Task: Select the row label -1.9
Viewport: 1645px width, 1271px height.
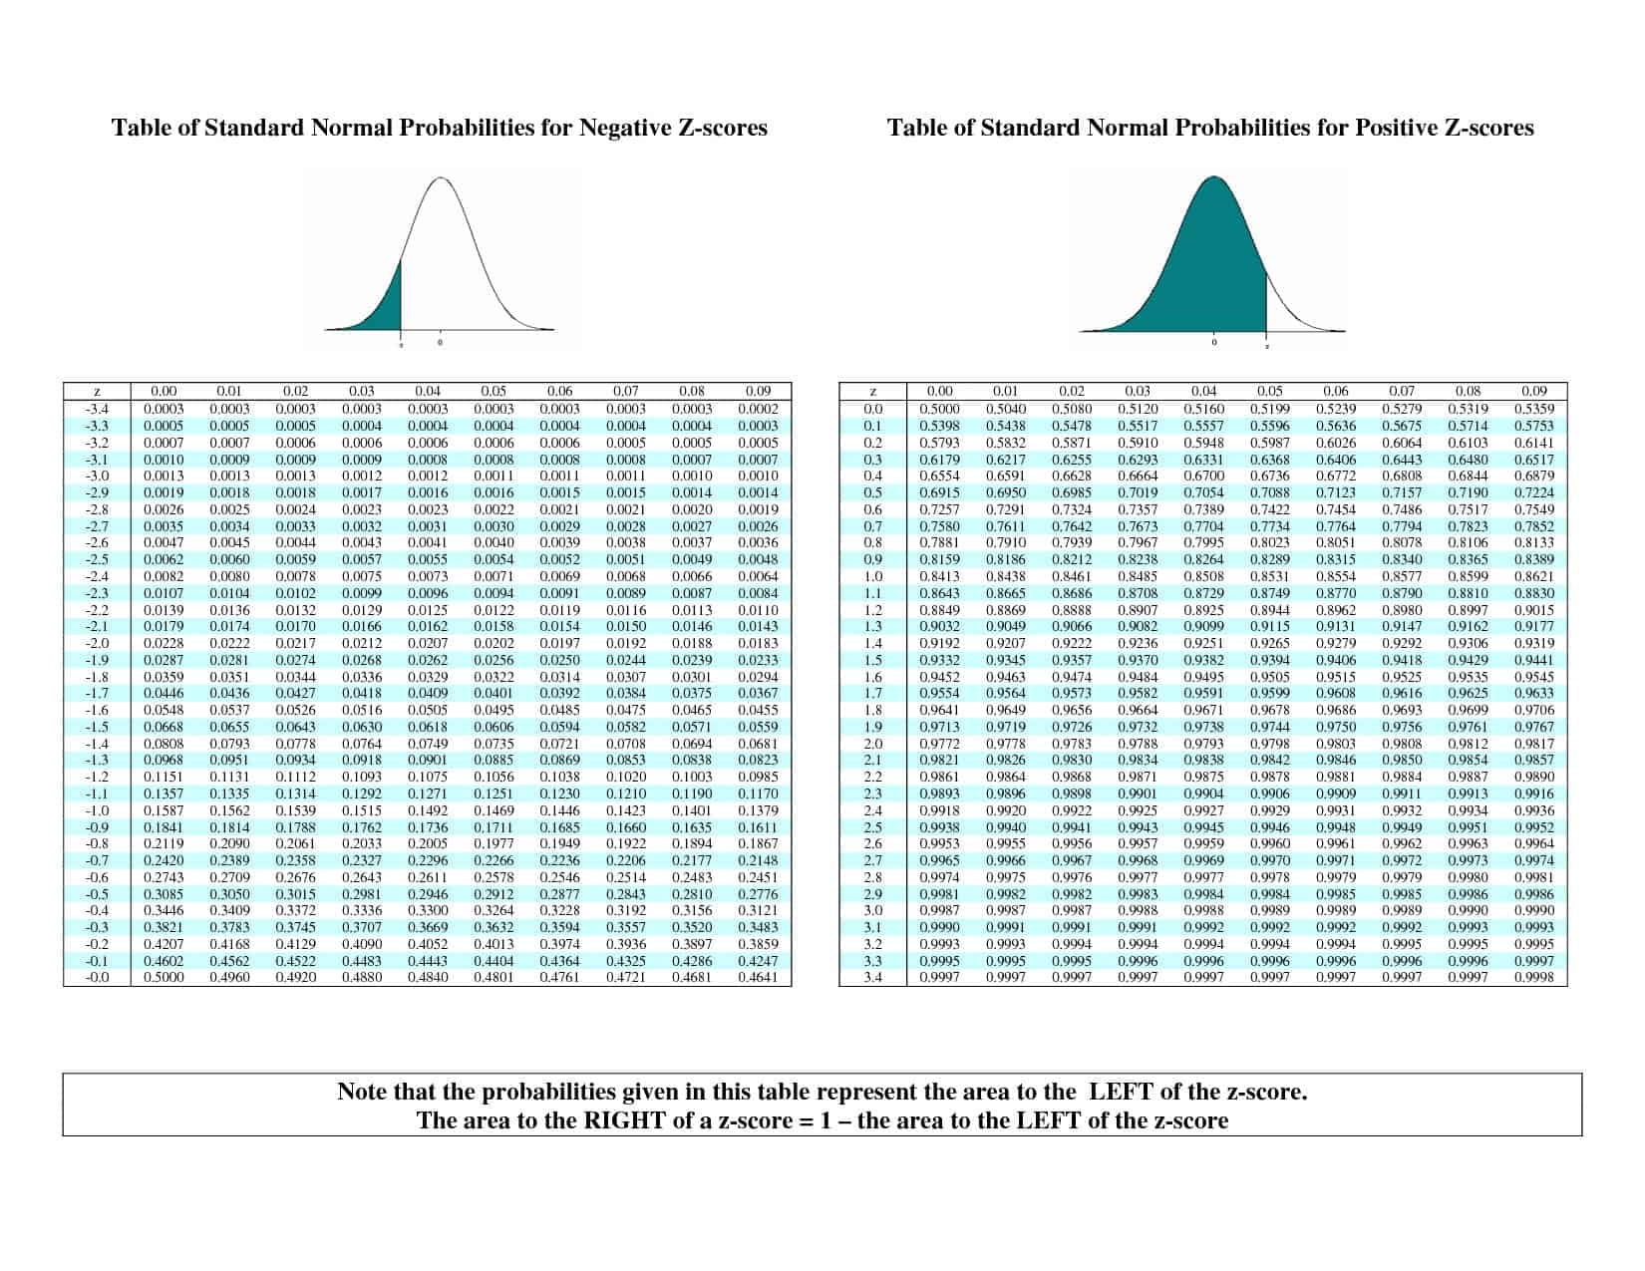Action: pos(97,660)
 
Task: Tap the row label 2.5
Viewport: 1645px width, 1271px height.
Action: pos(873,827)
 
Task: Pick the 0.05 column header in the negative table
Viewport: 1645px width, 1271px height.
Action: pos(493,392)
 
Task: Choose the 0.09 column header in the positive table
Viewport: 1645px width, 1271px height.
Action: pos(1533,392)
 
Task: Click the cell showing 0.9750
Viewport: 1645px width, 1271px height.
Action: pos(1335,727)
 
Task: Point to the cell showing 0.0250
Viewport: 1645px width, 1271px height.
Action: pos(559,660)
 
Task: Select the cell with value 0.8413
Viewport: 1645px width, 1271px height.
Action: pos(939,576)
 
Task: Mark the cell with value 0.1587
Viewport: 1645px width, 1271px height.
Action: pos(164,810)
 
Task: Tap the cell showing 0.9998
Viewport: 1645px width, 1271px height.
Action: pos(1533,978)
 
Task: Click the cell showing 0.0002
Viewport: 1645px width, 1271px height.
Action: pos(758,409)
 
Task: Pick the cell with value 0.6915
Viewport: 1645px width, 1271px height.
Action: pos(939,492)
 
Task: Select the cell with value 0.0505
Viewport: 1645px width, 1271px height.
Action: pos(428,710)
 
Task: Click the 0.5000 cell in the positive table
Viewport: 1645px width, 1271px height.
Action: pos(939,409)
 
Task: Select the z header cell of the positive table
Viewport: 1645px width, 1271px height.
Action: pos(873,392)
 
